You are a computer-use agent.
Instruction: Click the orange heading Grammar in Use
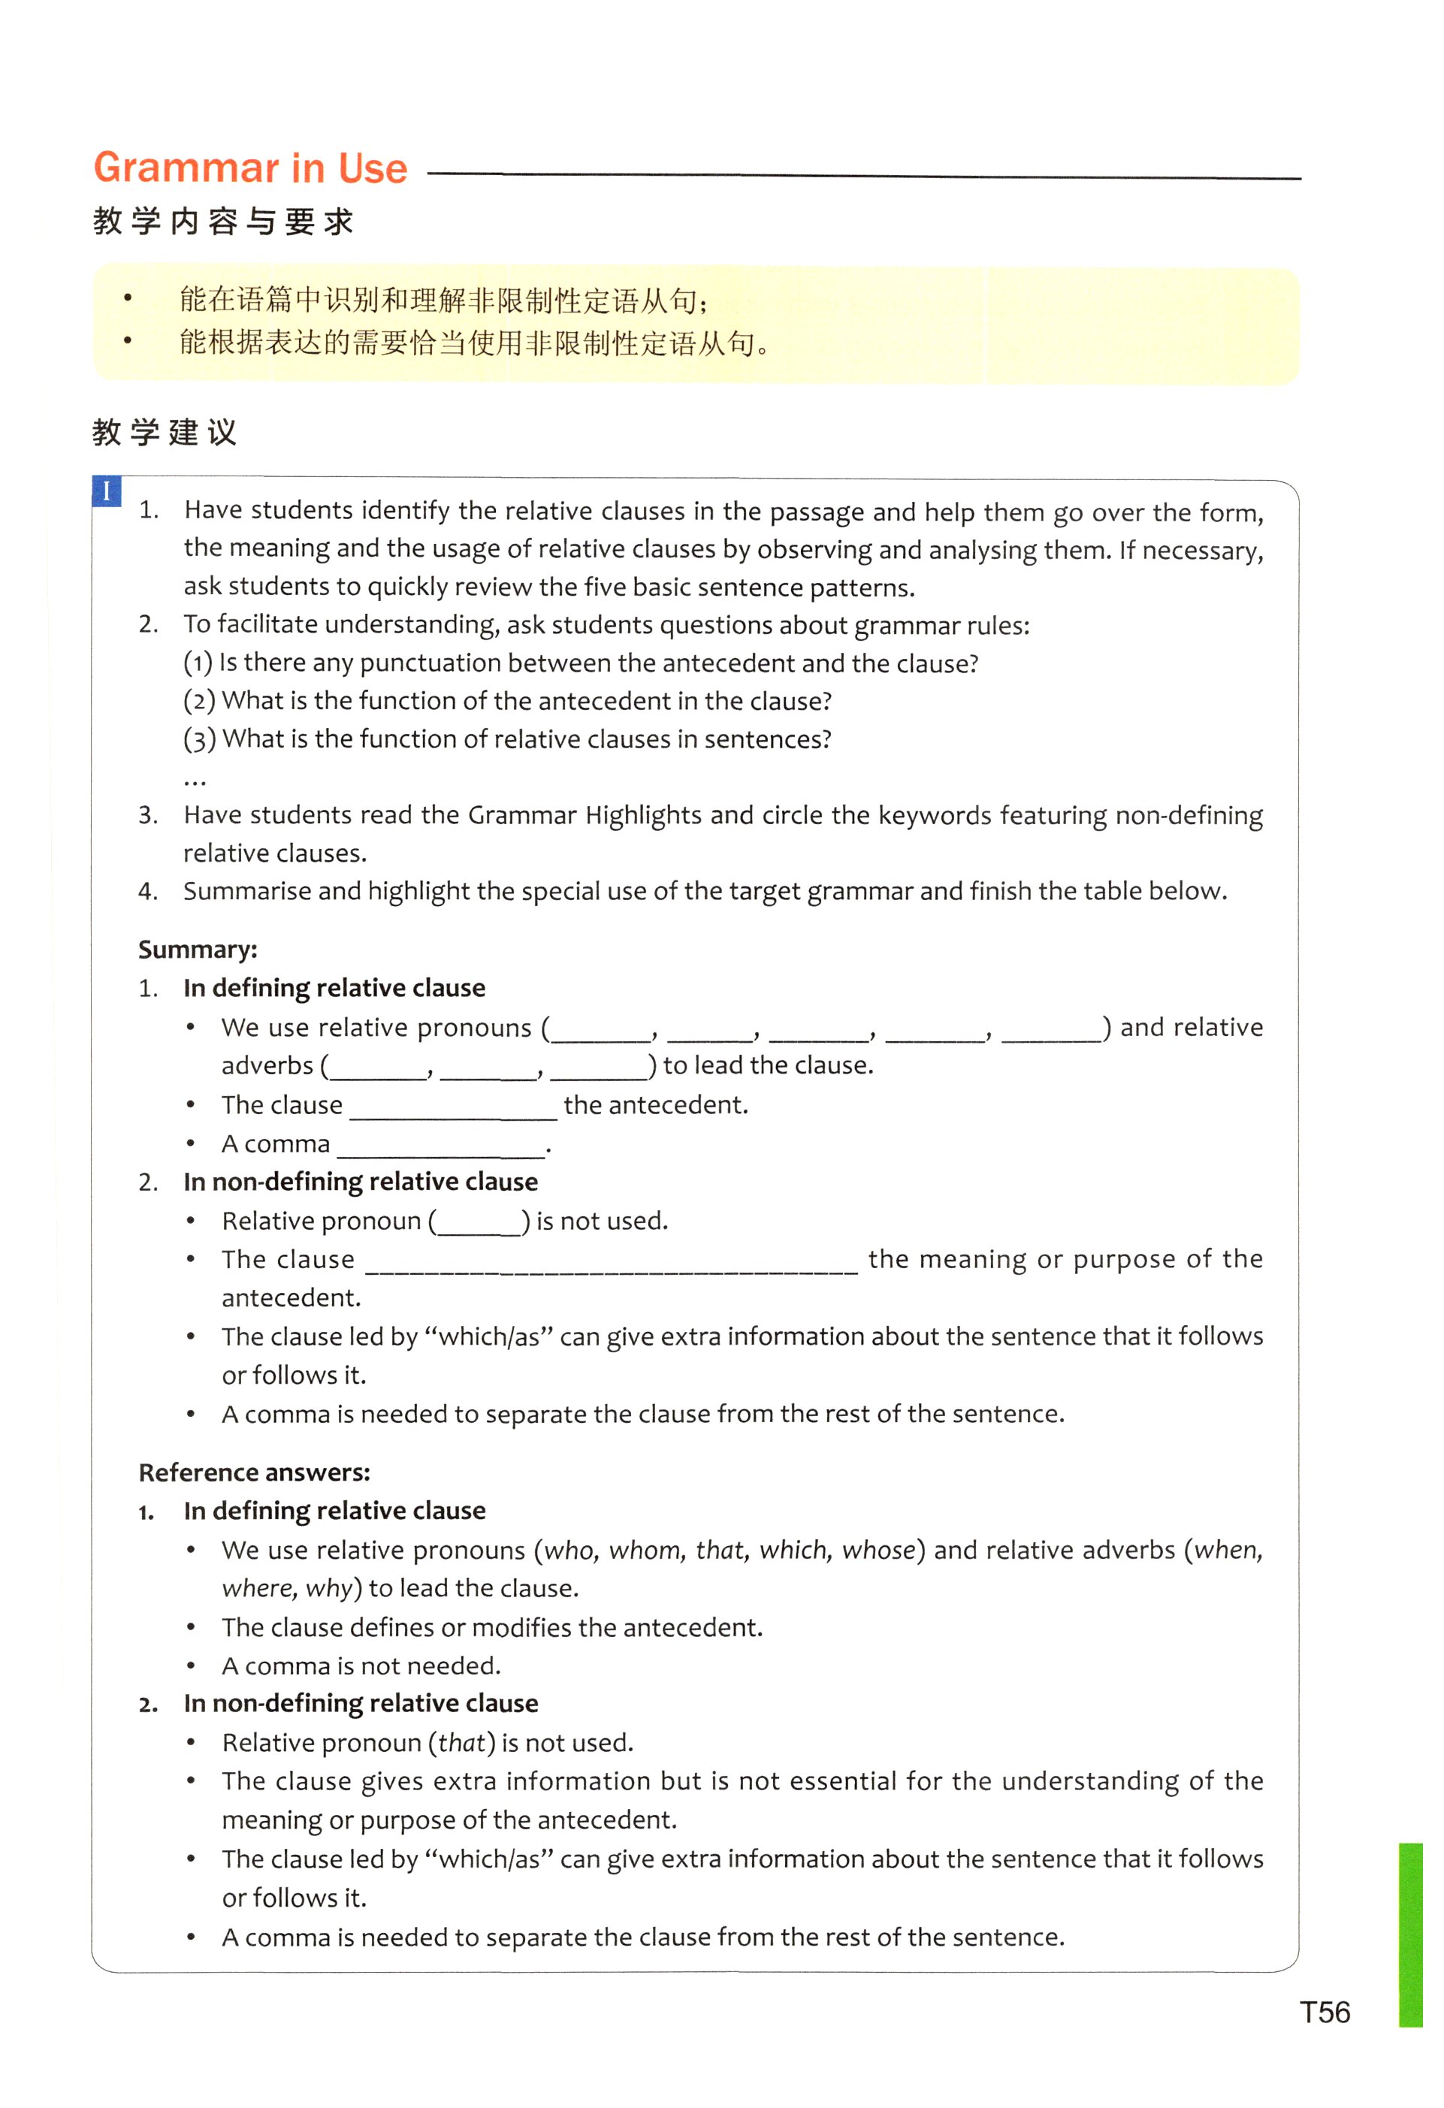point(250,169)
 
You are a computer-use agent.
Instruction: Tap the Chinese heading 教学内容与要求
point(223,222)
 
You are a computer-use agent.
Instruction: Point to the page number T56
point(1325,2012)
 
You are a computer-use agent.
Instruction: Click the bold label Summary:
point(198,949)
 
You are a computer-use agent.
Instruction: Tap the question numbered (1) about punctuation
point(581,663)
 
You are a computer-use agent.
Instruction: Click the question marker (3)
point(200,739)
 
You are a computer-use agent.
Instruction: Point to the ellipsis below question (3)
point(194,780)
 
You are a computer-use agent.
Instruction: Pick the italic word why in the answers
point(328,1588)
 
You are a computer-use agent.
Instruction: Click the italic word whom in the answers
point(646,1550)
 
